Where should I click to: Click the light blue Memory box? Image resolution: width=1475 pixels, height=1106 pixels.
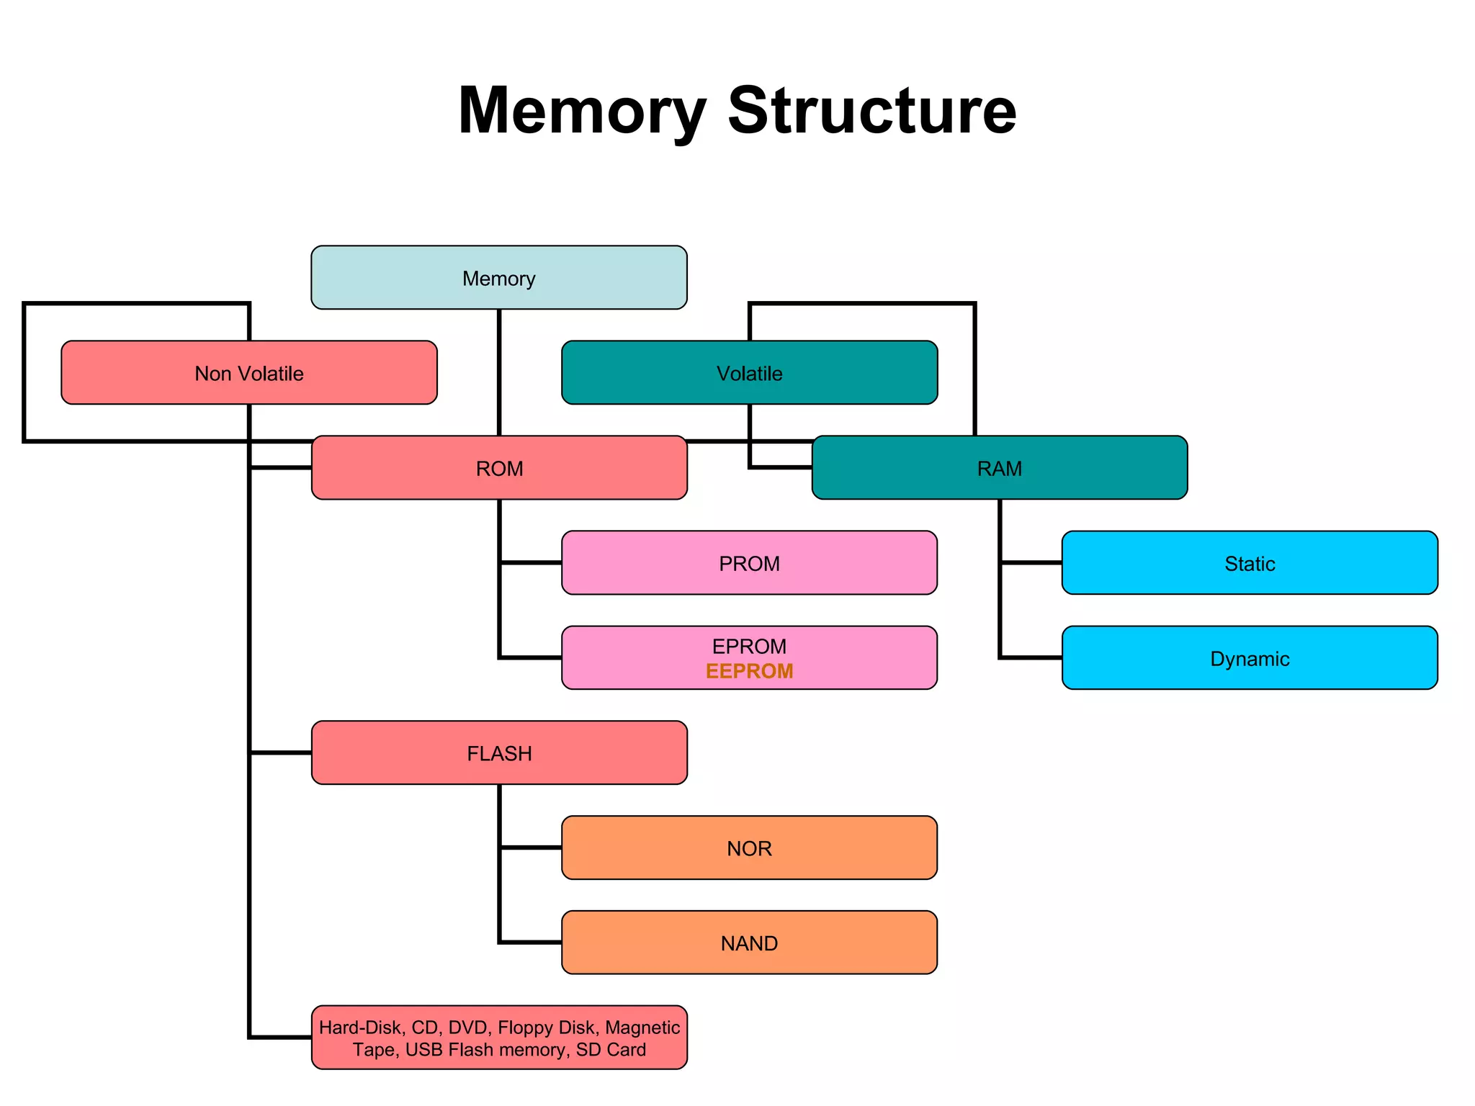498,278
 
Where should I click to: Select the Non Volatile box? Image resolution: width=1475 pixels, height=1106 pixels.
249,373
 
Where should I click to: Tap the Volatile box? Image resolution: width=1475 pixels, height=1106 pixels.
749,373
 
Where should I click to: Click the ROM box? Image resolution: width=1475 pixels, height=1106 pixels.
498,468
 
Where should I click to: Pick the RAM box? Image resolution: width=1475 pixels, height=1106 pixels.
999,468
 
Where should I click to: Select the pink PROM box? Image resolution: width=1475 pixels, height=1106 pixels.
749,563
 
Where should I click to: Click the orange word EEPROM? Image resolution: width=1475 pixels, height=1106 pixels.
749,671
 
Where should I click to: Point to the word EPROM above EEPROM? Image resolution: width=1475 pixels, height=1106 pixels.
749,646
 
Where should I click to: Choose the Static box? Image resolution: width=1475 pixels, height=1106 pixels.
1250,563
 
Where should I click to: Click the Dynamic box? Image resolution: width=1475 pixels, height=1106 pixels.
1250,658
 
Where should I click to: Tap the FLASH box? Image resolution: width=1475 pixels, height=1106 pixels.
498,753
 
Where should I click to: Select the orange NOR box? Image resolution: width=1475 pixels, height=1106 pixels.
749,848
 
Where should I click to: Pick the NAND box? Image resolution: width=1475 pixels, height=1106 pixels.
749,943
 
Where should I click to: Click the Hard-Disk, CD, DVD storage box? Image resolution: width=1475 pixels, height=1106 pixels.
498,1038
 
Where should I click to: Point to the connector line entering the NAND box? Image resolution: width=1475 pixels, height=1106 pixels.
532,942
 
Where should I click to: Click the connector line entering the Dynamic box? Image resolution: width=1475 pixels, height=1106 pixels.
1031,657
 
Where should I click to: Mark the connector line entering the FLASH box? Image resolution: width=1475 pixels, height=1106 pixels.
281,752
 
